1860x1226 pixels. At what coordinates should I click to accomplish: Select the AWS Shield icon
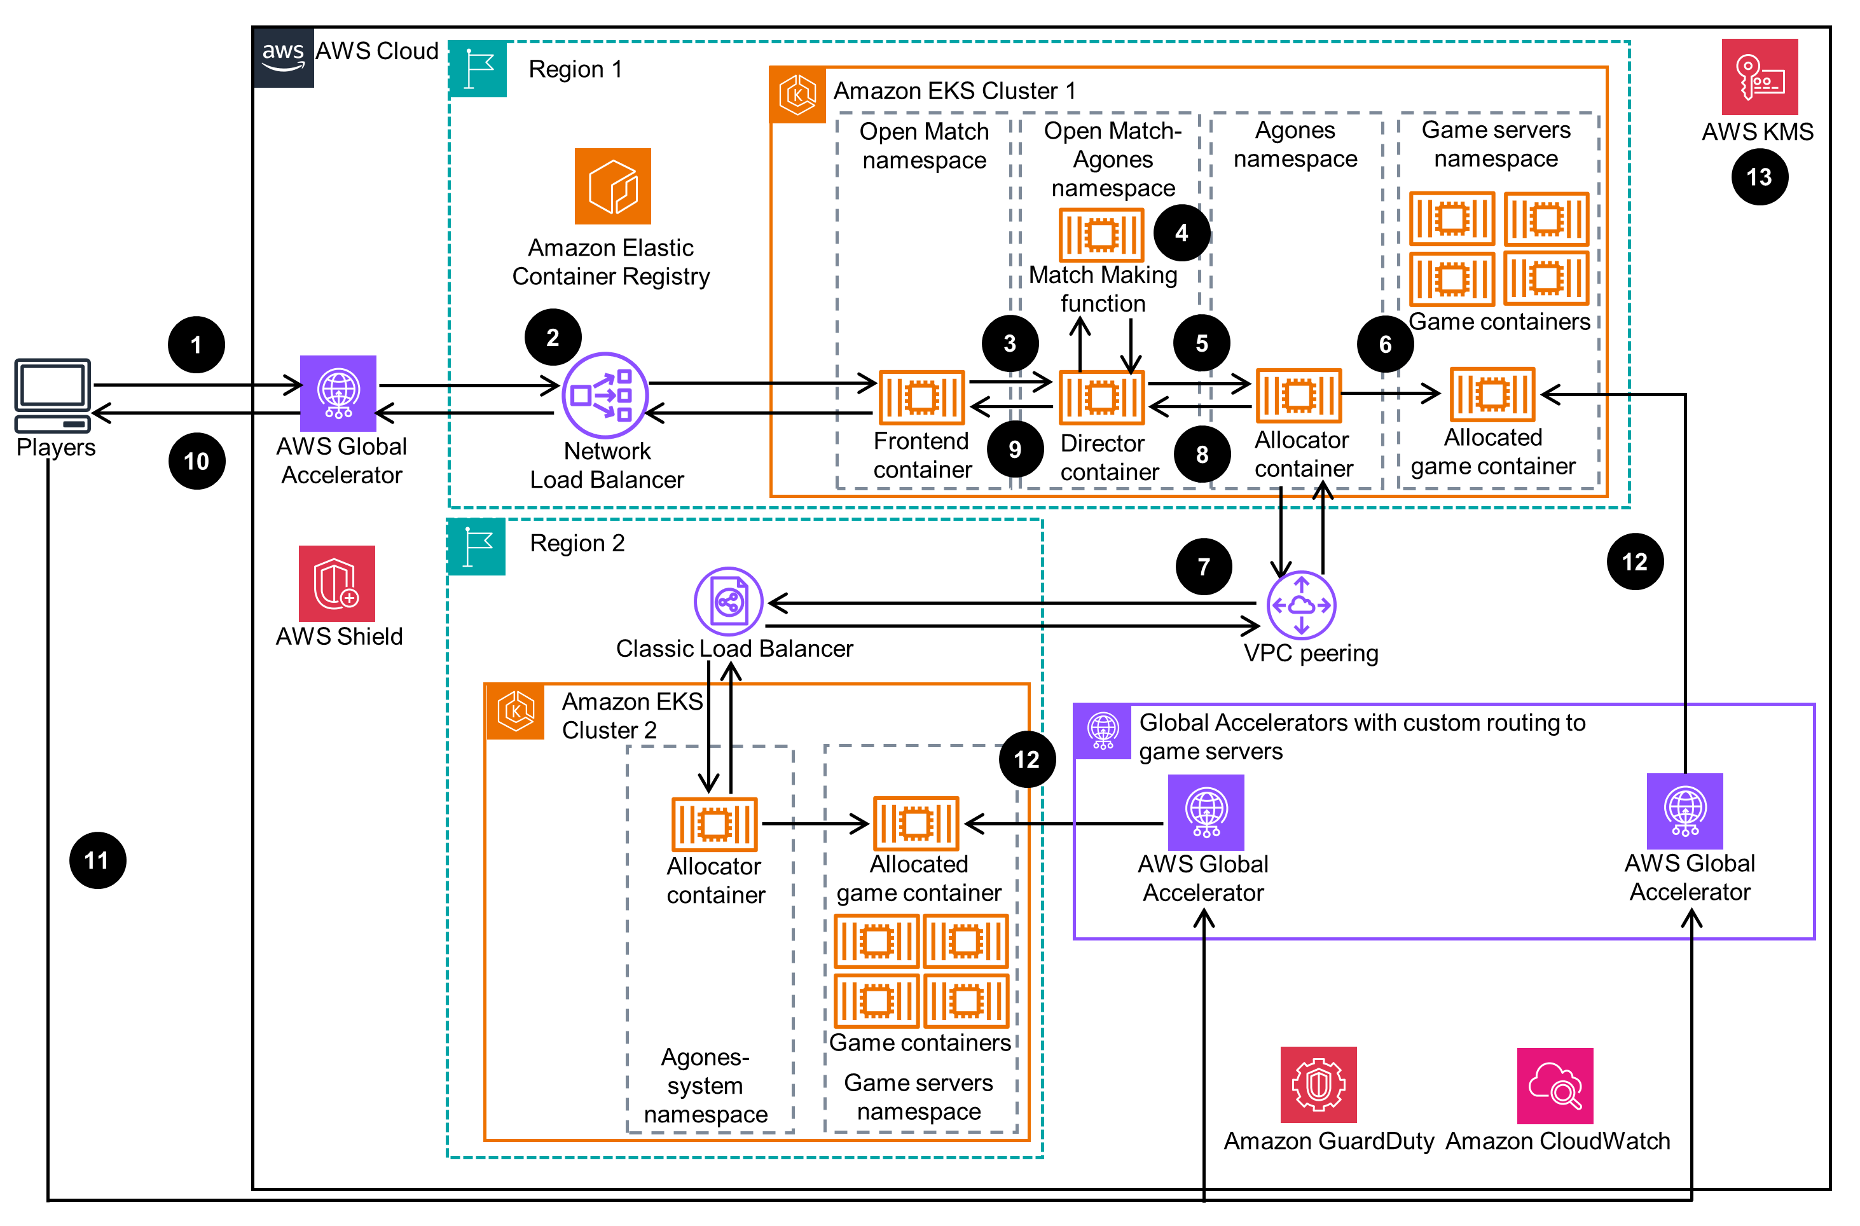(336, 583)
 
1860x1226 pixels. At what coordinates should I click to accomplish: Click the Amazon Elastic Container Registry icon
(612, 186)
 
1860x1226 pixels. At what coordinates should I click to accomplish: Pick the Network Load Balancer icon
(605, 396)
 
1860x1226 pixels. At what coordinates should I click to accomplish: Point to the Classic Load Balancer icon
(728, 602)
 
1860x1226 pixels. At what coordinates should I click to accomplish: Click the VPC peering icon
(1301, 605)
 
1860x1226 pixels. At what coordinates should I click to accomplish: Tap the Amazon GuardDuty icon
(1318, 1084)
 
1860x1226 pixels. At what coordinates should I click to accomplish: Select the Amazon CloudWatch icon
(1554, 1085)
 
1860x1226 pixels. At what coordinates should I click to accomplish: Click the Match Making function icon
(1101, 235)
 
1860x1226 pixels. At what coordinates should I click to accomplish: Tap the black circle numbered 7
(1203, 567)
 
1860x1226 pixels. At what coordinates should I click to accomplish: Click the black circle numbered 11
(98, 860)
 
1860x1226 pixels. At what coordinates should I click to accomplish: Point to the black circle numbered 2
(553, 338)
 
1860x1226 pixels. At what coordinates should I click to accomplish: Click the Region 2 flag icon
(477, 546)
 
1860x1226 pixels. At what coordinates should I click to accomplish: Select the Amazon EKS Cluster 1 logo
(797, 95)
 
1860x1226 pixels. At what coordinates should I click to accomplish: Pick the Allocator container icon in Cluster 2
(715, 824)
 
